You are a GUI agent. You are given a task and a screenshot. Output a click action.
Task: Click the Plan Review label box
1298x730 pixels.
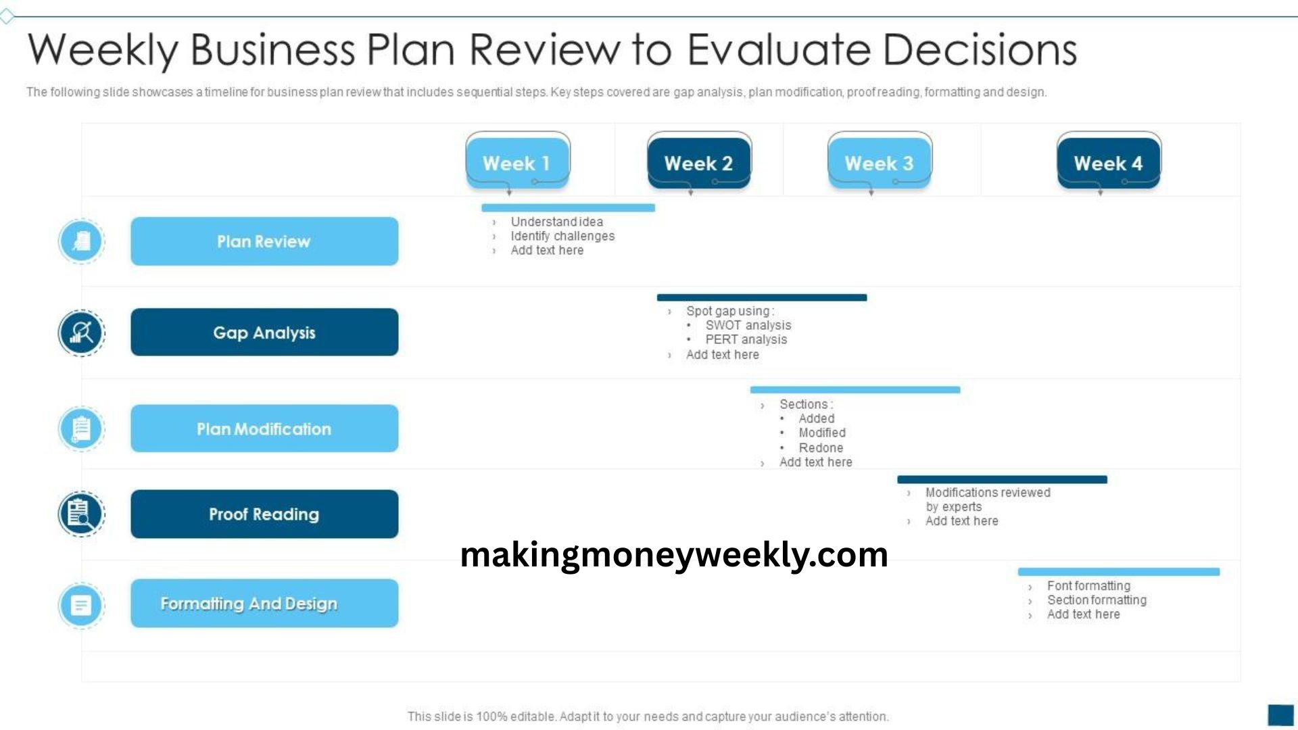[264, 241]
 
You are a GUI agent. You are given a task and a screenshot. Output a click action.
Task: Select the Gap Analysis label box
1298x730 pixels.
[264, 332]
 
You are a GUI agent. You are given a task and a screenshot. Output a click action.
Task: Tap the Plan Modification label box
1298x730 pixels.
[264, 429]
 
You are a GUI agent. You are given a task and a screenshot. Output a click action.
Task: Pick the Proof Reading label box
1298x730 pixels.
[264, 514]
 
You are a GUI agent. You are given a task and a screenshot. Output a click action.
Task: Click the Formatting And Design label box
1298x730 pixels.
[264, 603]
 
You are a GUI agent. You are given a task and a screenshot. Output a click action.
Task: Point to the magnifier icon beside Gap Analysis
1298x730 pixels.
[81, 333]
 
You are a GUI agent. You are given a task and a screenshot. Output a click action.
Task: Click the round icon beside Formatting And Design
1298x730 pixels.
[81, 605]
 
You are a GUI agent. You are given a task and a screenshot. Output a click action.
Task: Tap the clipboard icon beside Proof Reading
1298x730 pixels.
[81, 514]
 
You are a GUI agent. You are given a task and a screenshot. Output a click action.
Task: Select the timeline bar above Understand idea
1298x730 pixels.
[568, 208]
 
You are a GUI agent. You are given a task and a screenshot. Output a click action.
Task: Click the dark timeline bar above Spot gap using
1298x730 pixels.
[762, 297]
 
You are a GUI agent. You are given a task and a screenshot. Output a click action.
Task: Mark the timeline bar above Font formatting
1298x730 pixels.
[1119, 572]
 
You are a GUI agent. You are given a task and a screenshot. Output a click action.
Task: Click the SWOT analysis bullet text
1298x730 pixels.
[748, 325]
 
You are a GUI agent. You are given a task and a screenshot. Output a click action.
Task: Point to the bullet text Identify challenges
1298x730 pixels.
[562, 236]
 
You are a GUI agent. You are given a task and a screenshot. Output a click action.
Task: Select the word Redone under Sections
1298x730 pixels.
[821, 447]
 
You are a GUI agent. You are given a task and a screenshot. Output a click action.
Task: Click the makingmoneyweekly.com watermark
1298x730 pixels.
[674, 555]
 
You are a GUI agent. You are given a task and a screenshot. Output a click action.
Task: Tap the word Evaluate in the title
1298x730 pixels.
[779, 49]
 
